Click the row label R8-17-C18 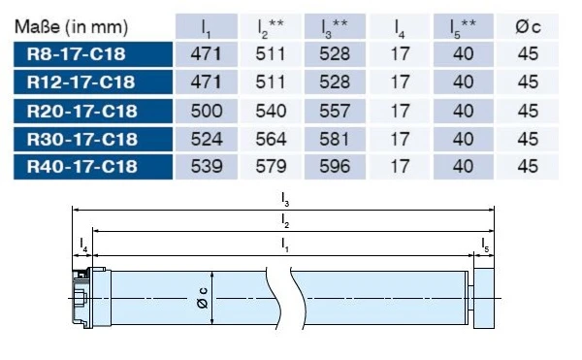point(76,54)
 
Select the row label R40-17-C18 point(82,167)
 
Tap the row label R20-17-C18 point(82,111)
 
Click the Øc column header point(528,27)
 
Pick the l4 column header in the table point(400,28)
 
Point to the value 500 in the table point(207,111)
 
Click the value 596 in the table point(335,167)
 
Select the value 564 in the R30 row point(271,139)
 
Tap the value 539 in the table point(207,167)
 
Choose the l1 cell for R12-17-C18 point(206,82)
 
